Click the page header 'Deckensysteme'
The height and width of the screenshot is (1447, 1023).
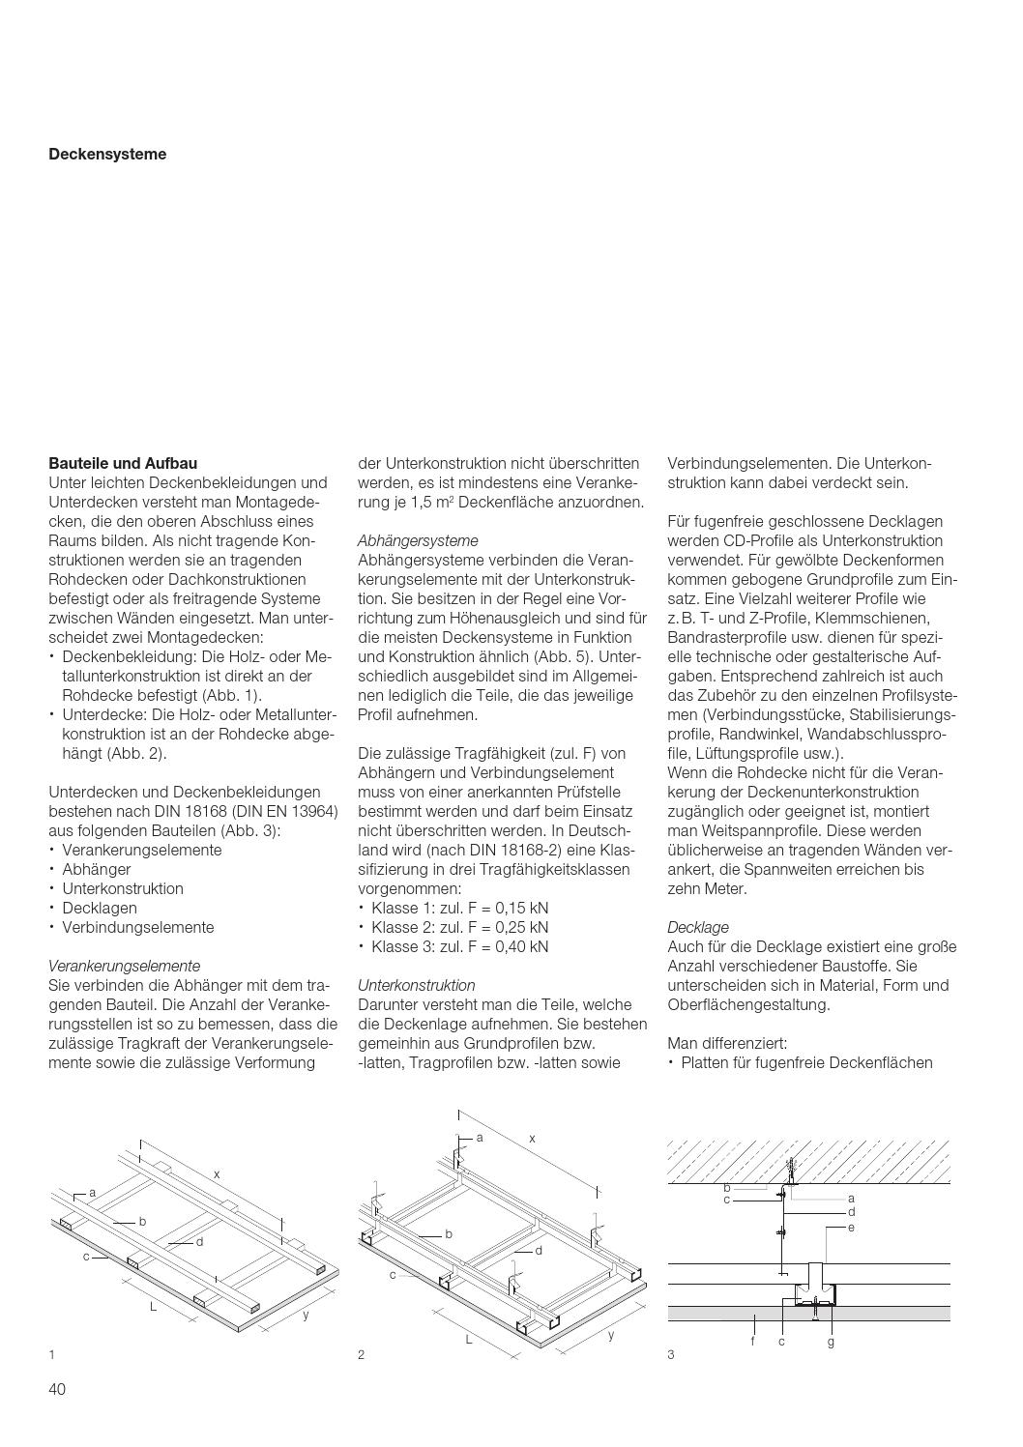tap(107, 154)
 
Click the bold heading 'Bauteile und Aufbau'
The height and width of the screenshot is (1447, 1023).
tap(123, 463)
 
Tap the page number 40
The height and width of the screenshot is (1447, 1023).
tap(57, 1389)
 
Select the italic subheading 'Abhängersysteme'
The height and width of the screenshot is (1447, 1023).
tap(418, 540)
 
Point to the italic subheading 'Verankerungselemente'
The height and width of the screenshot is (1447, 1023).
tap(124, 966)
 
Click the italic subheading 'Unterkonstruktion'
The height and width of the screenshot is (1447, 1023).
tap(416, 985)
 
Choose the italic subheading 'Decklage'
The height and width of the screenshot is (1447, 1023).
tap(698, 927)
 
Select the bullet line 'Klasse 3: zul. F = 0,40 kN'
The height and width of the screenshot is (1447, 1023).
tap(459, 946)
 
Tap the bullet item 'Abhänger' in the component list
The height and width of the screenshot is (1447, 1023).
tap(96, 869)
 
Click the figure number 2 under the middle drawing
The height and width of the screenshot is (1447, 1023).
tap(362, 1354)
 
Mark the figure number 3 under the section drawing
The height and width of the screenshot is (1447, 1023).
tap(671, 1354)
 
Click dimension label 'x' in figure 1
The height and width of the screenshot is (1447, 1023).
tap(218, 1173)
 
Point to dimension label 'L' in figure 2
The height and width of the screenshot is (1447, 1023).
tap(469, 1339)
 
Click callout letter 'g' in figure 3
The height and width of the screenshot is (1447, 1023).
tap(831, 1342)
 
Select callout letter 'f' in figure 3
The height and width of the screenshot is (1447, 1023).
tap(752, 1342)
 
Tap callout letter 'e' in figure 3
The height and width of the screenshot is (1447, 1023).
tap(851, 1227)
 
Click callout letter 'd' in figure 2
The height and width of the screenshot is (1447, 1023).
tap(539, 1250)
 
